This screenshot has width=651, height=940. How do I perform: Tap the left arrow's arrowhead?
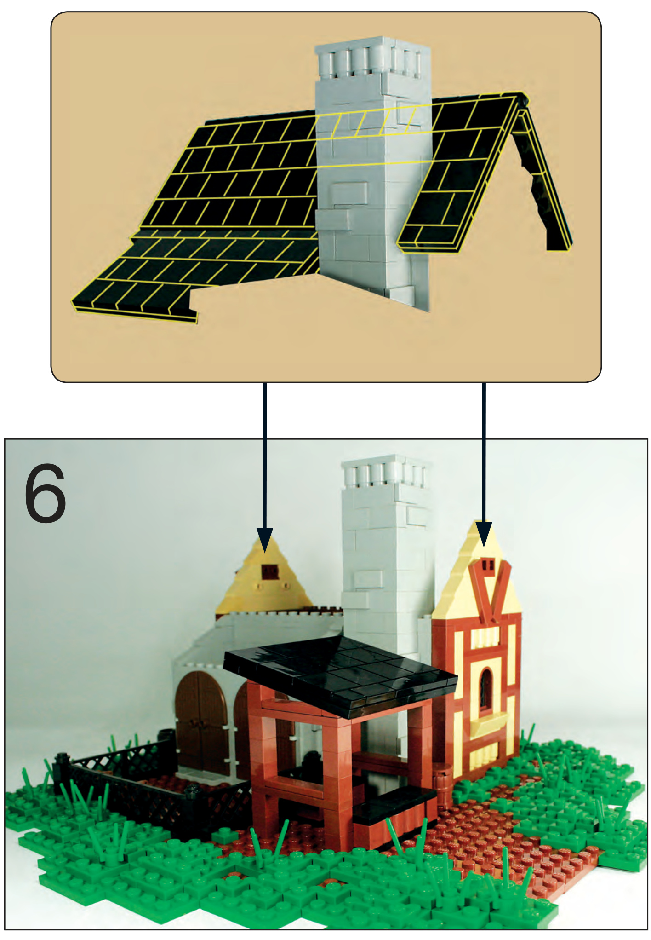(265, 539)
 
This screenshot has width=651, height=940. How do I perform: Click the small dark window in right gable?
(488, 565)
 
